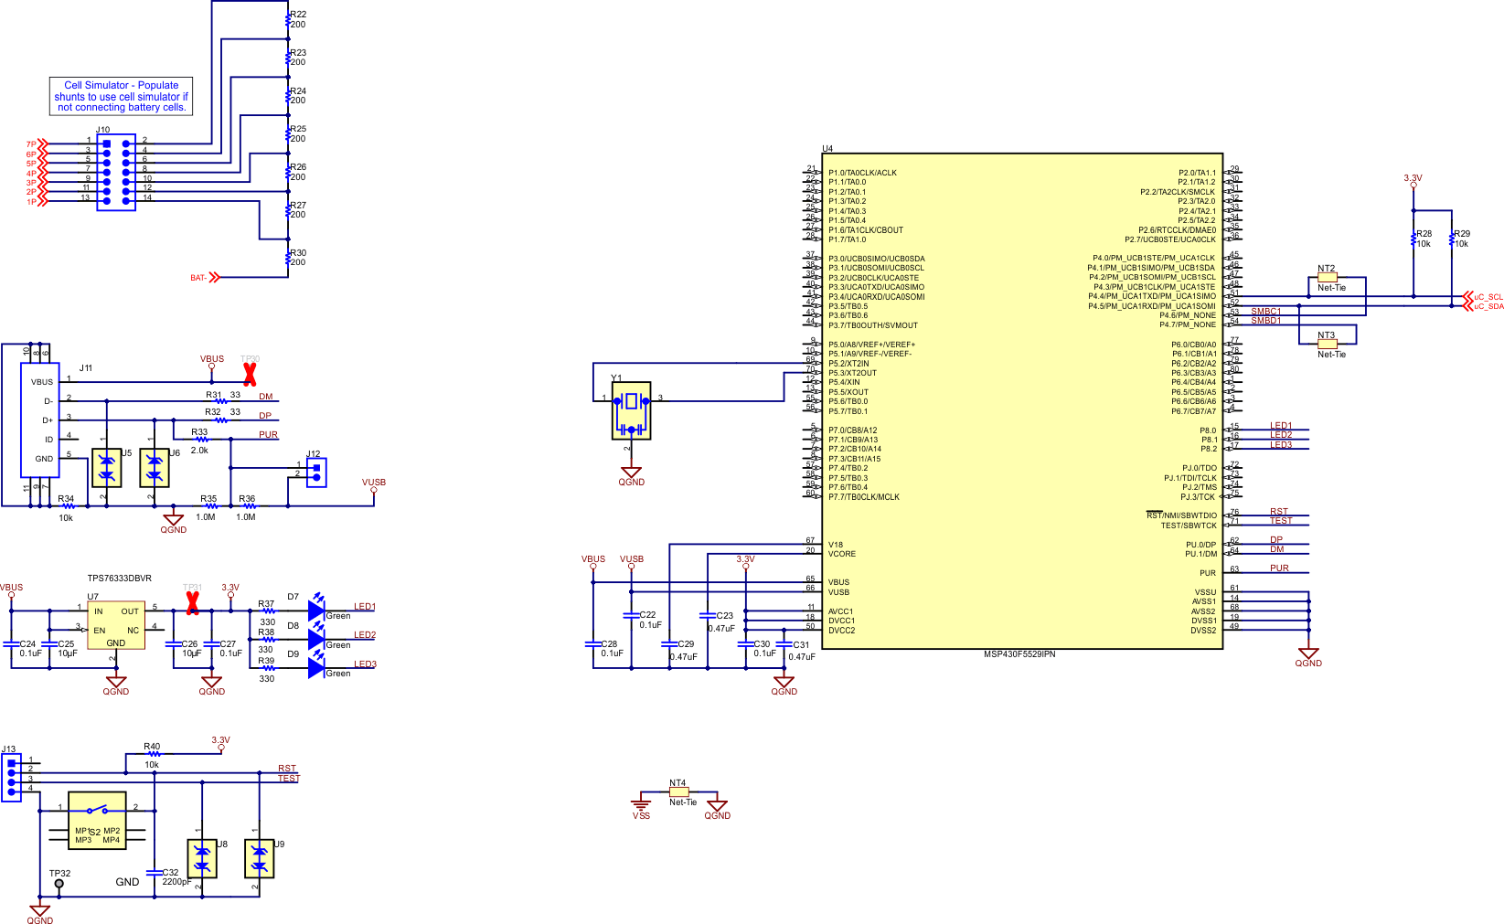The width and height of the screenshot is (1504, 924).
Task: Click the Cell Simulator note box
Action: point(121,96)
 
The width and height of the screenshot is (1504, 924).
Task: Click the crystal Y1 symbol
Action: point(631,410)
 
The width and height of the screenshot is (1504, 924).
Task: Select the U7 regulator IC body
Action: point(116,625)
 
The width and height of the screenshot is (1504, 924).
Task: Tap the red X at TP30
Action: point(249,374)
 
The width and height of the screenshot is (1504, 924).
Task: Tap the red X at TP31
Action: point(192,603)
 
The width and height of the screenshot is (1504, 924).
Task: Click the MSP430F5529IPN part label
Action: point(1019,654)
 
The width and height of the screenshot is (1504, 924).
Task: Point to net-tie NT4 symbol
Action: point(678,792)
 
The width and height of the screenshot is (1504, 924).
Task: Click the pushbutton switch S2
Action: point(97,820)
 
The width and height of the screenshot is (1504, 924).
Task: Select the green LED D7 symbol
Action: point(316,610)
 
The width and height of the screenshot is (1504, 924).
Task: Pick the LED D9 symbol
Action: point(316,668)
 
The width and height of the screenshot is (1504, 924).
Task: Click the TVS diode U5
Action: point(107,467)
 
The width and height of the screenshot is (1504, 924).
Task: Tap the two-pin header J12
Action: point(316,471)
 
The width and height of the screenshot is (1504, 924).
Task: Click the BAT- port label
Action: point(198,278)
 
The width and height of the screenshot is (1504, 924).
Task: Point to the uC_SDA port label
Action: point(1488,306)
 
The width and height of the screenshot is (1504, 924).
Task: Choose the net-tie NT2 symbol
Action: point(1327,277)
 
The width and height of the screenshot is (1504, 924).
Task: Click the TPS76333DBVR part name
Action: point(119,579)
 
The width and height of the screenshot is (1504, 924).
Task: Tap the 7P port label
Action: point(31,144)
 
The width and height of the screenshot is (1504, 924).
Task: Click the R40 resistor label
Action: point(152,747)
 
